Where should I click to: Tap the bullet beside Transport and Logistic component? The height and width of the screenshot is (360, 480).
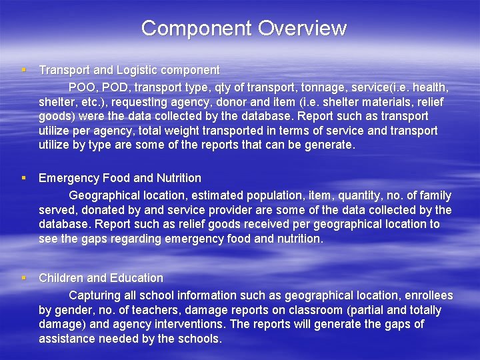pos(23,70)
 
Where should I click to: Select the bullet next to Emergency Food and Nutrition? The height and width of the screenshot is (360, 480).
pos(23,178)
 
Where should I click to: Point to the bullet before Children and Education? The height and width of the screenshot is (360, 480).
pos(23,278)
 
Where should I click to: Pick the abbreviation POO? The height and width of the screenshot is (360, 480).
pos(82,87)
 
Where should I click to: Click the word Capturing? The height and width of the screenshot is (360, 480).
pos(95,295)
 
